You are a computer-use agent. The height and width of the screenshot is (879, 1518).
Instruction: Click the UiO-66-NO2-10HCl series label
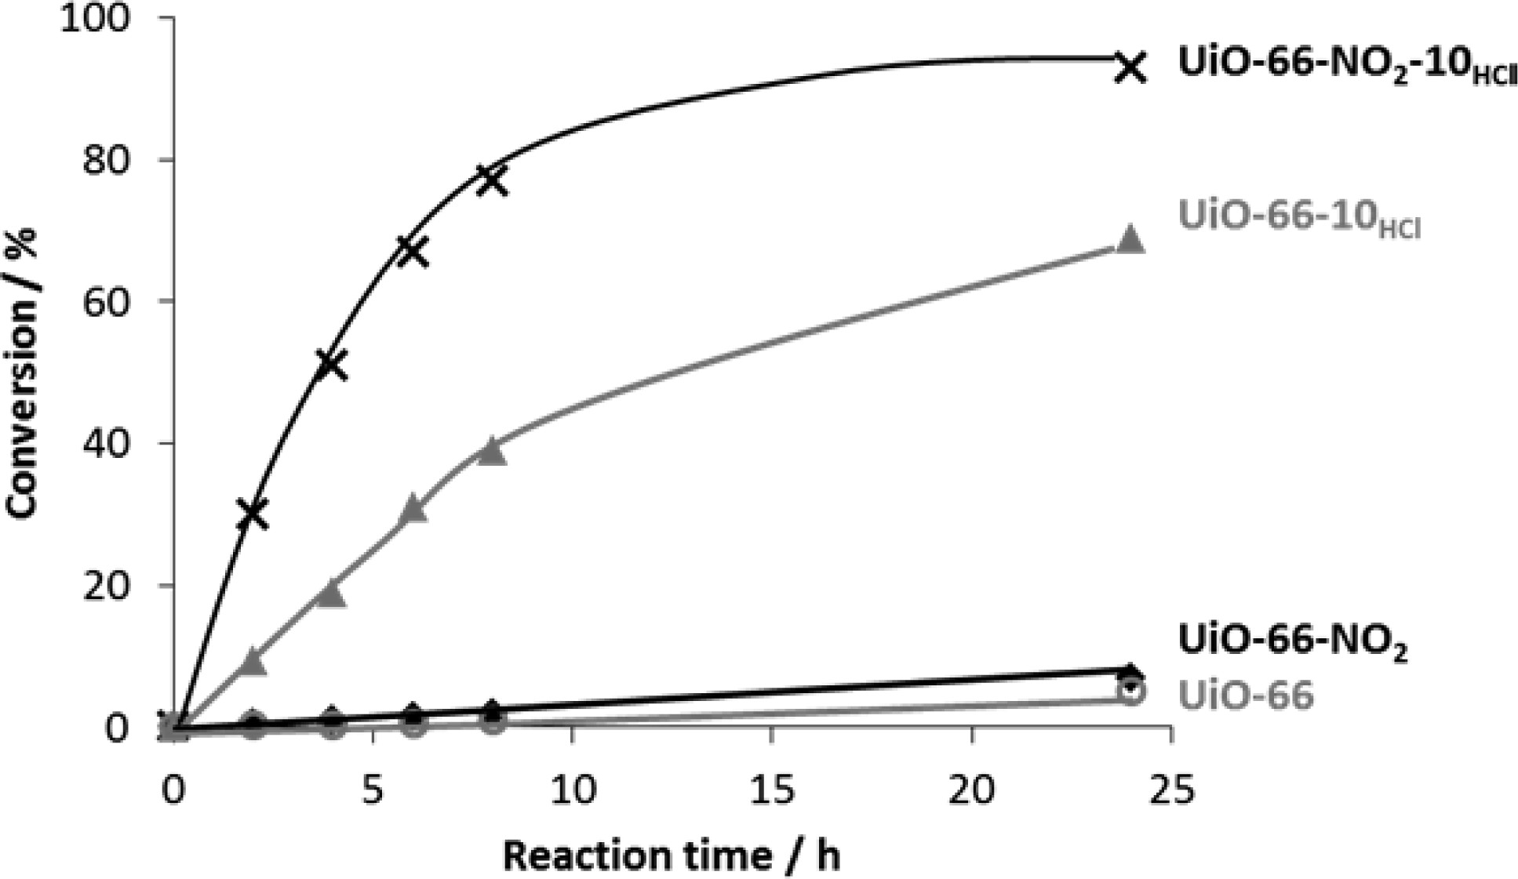pos(1346,64)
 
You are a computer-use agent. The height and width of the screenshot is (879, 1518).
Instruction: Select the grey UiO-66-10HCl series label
pos(1299,216)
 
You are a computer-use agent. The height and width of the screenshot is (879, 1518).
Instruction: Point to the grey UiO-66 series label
pos(1246,695)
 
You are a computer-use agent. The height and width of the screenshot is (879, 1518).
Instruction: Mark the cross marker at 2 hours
pos(253,515)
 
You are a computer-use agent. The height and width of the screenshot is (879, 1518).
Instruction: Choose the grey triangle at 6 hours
pos(413,510)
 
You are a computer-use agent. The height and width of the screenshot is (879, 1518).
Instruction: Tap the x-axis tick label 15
pos(772,790)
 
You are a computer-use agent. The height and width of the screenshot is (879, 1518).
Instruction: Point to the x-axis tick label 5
pos(373,790)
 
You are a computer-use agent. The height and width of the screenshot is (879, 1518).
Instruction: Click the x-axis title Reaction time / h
pos(672,855)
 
